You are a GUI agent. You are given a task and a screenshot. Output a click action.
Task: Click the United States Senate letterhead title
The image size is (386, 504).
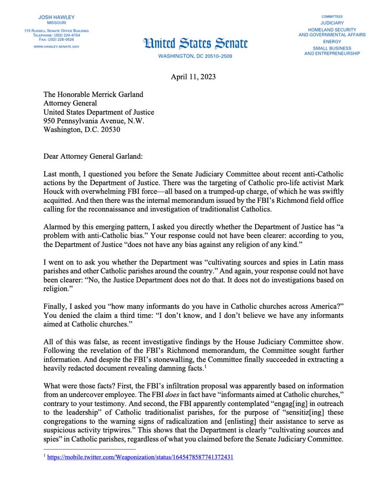tap(195, 43)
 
